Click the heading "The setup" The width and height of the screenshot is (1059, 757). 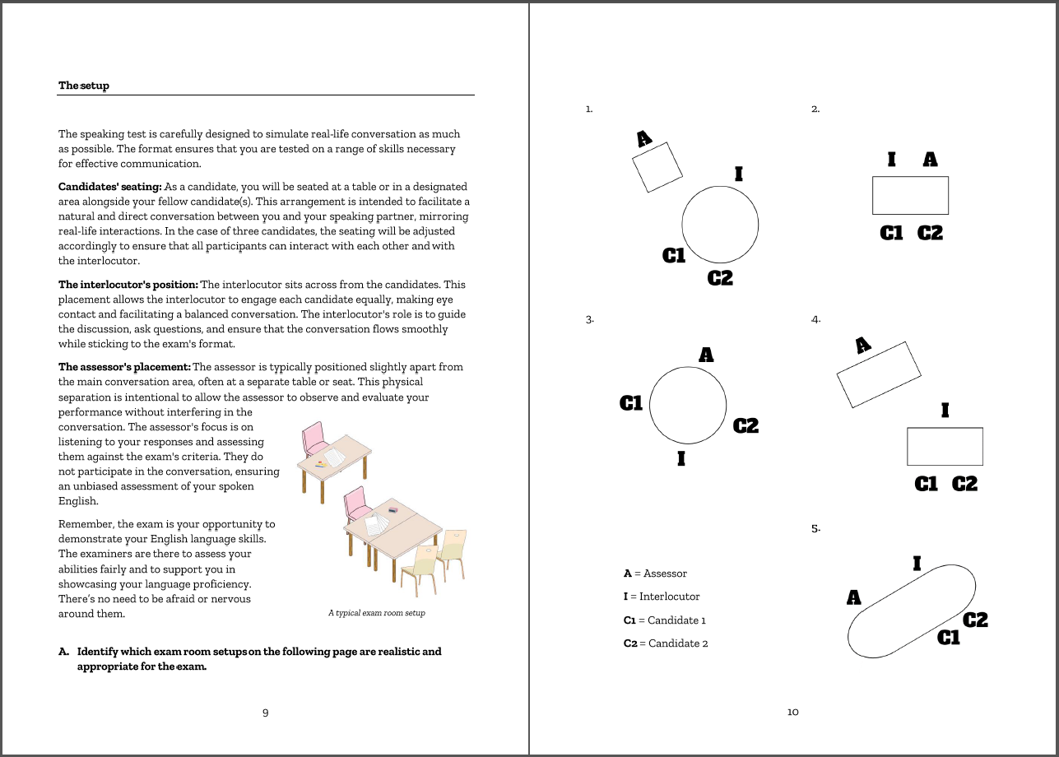pyautogui.click(x=83, y=86)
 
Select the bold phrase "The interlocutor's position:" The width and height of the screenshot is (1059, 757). pyautogui.click(x=128, y=285)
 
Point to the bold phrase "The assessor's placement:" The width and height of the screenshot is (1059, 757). pyautogui.click(x=123, y=367)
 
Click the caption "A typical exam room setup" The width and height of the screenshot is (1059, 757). pyautogui.click(x=376, y=613)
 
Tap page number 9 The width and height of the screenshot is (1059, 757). pyautogui.click(x=265, y=713)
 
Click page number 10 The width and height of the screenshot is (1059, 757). pyautogui.click(x=792, y=713)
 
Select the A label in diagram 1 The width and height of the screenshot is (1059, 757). pyautogui.click(x=644, y=139)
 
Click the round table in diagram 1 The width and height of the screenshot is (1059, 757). pyautogui.click(x=720, y=224)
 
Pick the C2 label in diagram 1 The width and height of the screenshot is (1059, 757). pyautogui.click(x=720, y=278)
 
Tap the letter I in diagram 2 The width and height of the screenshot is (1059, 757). pyautogui.click(x=891, y=160)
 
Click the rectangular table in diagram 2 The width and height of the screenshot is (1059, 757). pyautogui.click(x=910, y=196)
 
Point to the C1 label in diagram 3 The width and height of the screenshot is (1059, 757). pyautogui.click(x=631, y=403)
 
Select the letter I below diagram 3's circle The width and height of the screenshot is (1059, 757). pyautogui.click(x=681, y=458)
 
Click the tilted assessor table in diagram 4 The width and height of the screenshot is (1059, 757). pyautogui.click(x=878, y=374)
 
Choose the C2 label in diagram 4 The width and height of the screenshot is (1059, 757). pyautogui.click(x=964, y=484)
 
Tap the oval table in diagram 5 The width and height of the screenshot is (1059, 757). pyautogui.click(x=912, y=611)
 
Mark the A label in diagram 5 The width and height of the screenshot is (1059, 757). pyautogui.click(x=854, y=597)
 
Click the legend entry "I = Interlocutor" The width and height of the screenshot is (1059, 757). pyautogui.click(x=661, y=597)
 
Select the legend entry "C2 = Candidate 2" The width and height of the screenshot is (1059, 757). pyautogui.click(x=665, y=643)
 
